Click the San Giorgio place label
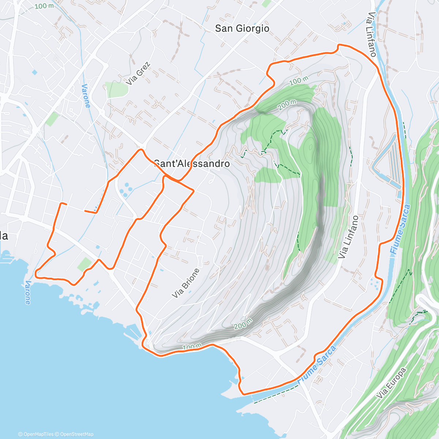click(x=242, y=29)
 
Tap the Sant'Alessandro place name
click(x=192, y=164)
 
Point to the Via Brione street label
click(x=186, y=283)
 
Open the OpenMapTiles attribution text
click(x=36, y=434)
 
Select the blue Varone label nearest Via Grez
click(x=86, y=96)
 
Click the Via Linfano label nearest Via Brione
click(x=348, y=237)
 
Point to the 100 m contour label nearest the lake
click(x=192, y=346)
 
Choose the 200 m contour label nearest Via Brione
click(x=243, y=323)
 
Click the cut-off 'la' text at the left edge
click(x=4, y=236)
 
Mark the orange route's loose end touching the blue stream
click(x=86, y=211)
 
